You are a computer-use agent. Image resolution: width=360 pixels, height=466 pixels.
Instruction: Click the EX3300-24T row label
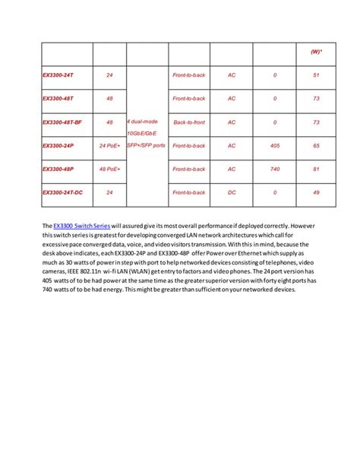coord(58,75)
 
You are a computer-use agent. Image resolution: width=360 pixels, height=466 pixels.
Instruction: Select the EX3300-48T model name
coord(58,99)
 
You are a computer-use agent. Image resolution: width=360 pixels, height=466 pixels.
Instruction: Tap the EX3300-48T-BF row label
coord(64,122)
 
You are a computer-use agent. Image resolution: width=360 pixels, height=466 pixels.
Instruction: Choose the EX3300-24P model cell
coord(58,146)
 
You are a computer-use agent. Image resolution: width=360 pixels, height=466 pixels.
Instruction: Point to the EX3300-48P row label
coord(58,170)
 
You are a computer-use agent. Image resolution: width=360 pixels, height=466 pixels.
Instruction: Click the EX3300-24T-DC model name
coord(63,193)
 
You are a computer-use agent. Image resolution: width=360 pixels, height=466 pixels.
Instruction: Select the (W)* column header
coord(315,52)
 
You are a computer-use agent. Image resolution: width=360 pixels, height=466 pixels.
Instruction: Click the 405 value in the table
coord(274,146)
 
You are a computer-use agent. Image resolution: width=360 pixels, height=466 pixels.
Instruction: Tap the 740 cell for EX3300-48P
coord(274,170)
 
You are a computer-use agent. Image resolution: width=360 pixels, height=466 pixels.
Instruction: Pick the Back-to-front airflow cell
coord(189,122)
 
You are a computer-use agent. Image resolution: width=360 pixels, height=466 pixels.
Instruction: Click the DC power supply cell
coord(232,193)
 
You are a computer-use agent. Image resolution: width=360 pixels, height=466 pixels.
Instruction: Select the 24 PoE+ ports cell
coord(109,146)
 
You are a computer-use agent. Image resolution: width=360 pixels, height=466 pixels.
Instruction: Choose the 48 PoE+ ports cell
coord(109,170)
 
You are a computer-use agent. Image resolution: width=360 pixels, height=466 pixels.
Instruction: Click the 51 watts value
coord(316,75)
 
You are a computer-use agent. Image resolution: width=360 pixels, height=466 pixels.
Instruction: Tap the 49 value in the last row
coord(316,193)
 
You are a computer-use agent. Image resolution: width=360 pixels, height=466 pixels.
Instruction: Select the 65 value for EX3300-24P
coord(316,146)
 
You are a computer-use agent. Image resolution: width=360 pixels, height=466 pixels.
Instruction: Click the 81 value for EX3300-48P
coord(316,170)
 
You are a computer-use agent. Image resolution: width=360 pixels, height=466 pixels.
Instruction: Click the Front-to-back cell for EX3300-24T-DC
coord(189,193)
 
